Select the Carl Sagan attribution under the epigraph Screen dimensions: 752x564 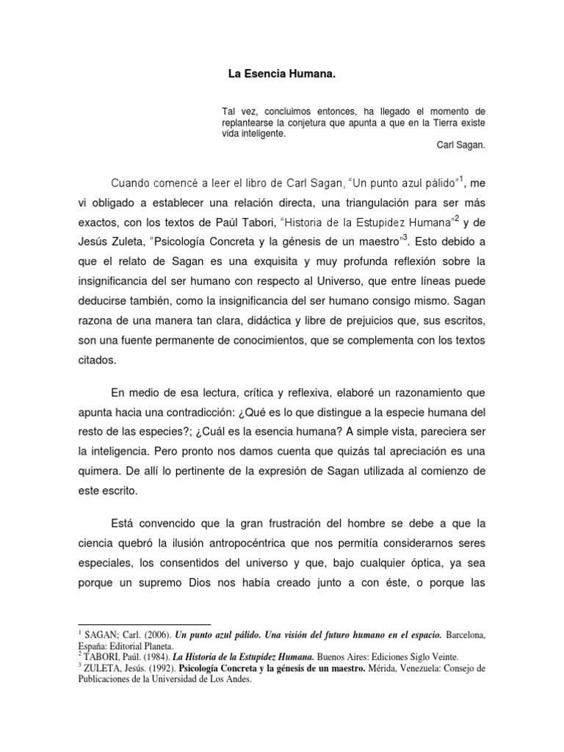460,145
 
